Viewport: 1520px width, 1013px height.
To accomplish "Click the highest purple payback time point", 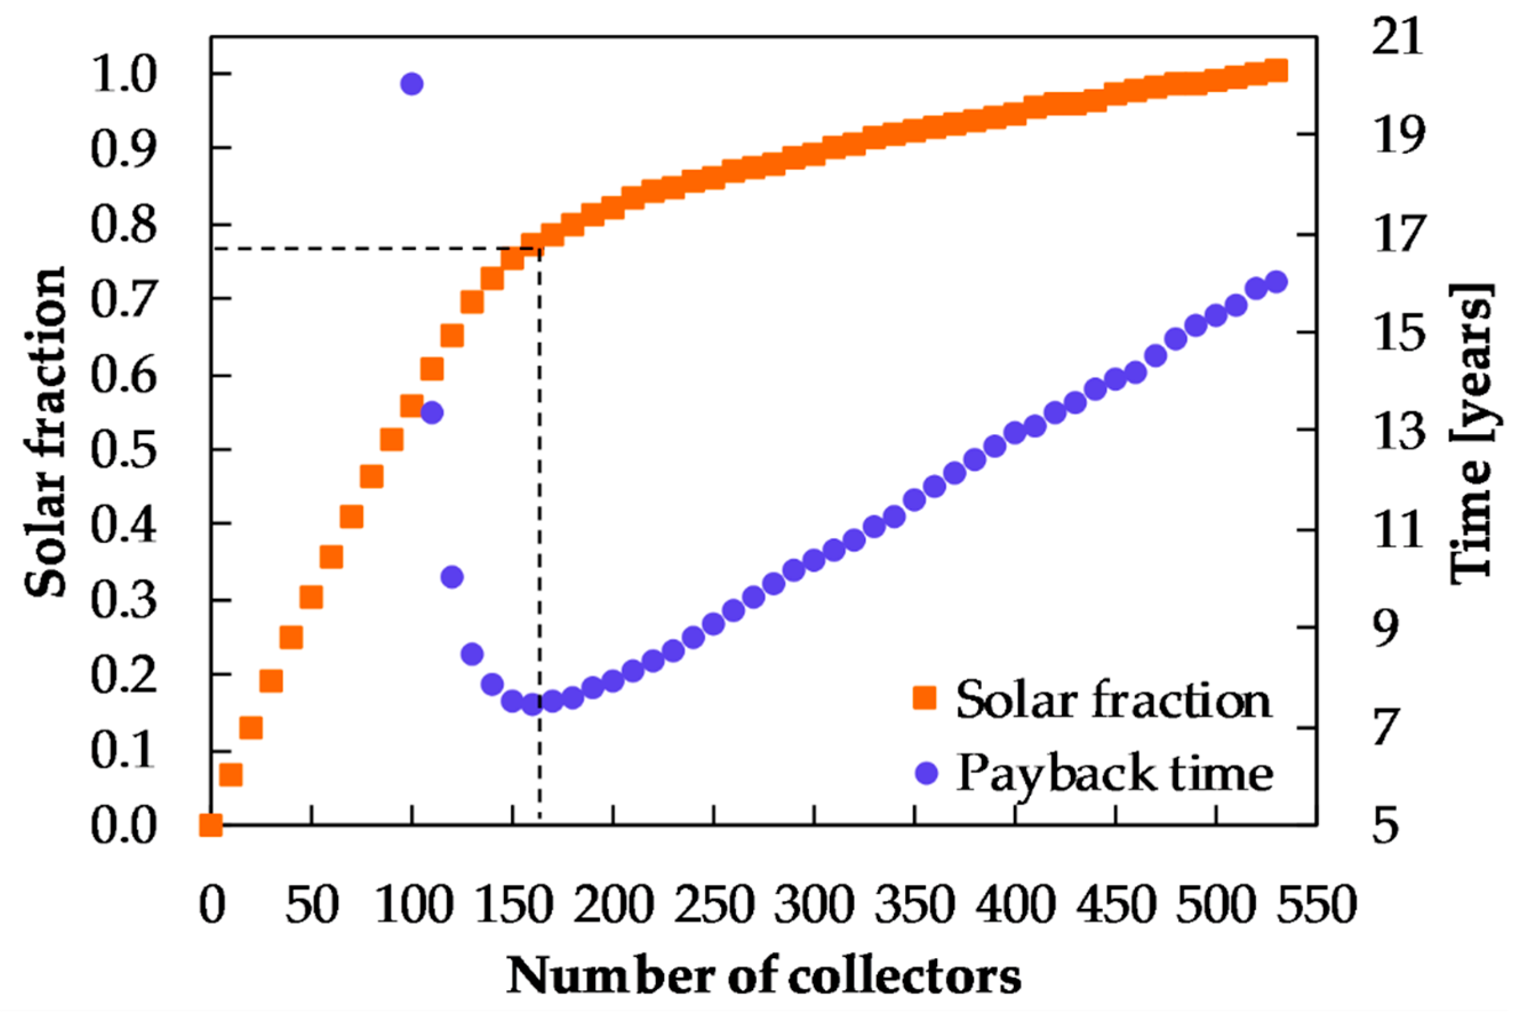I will [x=411, y=84].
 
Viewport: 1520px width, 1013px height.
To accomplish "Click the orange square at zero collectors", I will [x=211, y=825].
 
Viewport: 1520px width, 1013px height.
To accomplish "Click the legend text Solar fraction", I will [x=1113, y=700].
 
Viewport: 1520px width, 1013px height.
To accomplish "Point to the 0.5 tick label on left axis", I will [x=123, y=450].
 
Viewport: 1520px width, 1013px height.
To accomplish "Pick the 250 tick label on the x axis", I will [x=713, y=906].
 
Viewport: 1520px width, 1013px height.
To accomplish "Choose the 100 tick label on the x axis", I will [x=411, y=906].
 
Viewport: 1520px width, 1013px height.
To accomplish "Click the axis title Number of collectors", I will [x=763, y=975].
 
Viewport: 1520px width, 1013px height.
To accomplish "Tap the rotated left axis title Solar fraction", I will [x=45, y=431].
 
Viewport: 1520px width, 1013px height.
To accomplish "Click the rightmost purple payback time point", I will [x=1276, y=282].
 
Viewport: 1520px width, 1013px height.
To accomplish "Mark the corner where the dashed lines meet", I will [x=540, y=248].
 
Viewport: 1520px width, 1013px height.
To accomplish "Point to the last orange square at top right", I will [x=1276, y=70].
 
